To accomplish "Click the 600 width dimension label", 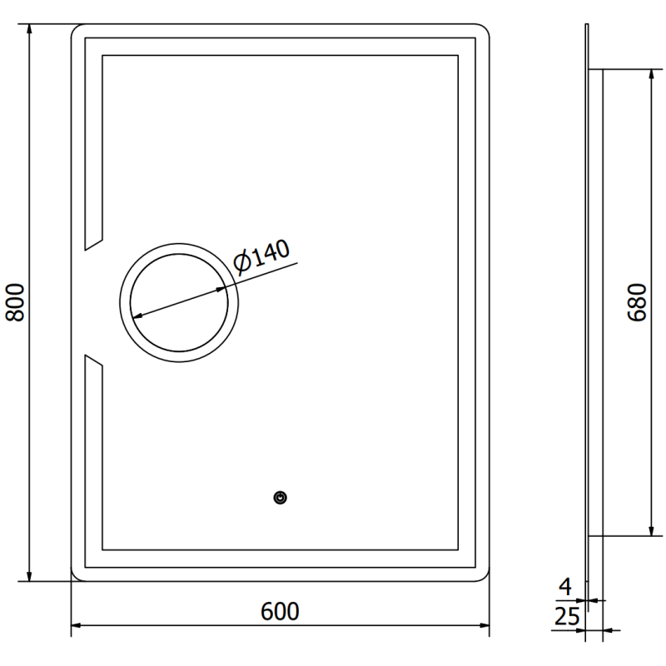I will point(280,612).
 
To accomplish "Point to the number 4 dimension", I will point(565,588).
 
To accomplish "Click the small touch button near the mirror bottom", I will point(281,498).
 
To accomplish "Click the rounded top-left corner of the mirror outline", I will point(77,30).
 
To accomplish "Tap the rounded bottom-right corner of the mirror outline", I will point(484,575).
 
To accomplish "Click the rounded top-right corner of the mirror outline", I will point(484,30).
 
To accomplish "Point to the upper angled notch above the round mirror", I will point(92,242).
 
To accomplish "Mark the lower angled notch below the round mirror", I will point(92,361).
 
